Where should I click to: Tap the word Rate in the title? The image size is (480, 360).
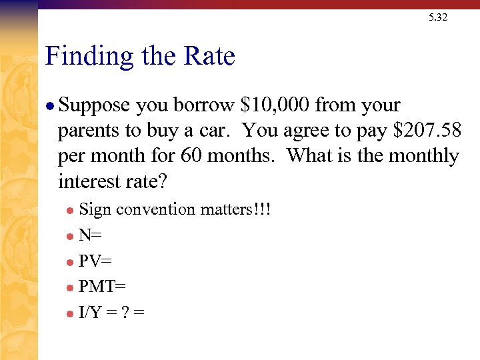[210, 56]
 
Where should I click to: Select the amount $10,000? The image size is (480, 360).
[275, 105]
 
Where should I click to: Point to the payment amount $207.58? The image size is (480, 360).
[427, 131]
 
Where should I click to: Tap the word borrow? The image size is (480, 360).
[205, 105]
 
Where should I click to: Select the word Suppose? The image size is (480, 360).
[95, 106]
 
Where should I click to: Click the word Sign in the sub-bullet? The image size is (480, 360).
[95, 210]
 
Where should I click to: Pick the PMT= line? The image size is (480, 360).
[102, 286]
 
